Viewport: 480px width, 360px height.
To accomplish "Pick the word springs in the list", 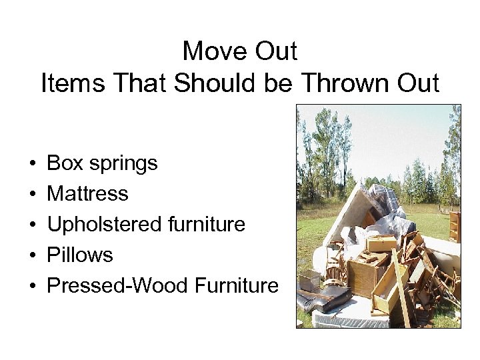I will [123, 164].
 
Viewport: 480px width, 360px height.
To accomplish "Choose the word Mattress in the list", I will [87, 193].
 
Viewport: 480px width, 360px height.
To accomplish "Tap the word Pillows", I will [80, 255].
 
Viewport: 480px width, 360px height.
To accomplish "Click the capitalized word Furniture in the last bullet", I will [236, 285].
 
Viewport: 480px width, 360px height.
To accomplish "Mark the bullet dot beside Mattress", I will [33, 194].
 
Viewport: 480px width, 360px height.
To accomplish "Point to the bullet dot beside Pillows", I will [33, 255].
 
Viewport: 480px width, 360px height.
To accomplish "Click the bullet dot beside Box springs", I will [33, 163].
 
